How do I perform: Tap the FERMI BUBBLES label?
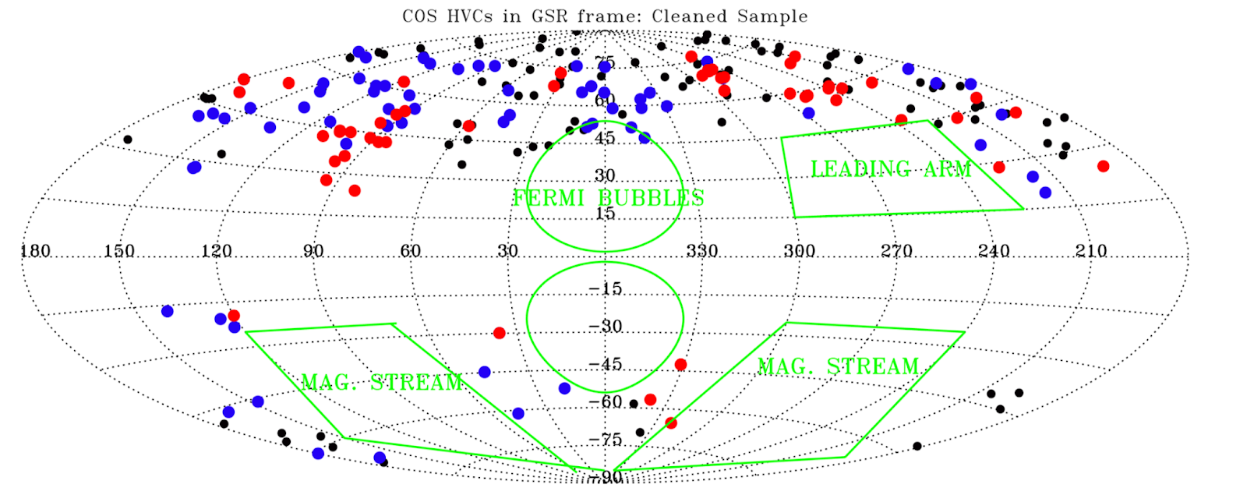point(608,198)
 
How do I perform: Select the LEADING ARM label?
point(891,168)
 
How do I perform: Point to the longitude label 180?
point(35,251)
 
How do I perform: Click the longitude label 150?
point(119,251)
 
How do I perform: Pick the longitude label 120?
point(217,251)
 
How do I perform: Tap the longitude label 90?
point(313,251)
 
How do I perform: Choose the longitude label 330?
point(702,251)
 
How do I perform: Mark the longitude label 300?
point(800,251)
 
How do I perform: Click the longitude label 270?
point(897,251)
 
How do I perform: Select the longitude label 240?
point(994,251)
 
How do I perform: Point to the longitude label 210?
point(1091,251)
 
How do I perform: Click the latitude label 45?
point(606,138)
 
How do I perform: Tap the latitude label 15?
point(606,214)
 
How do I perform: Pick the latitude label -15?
point(606,288)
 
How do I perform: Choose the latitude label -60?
point(606,402)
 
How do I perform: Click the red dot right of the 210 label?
point(1103,166)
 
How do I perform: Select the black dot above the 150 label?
point(128,140)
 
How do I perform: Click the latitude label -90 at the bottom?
point(606,476)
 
